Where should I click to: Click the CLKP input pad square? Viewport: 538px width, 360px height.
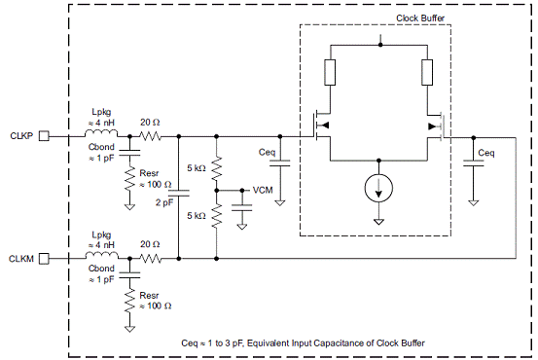pos(44,136)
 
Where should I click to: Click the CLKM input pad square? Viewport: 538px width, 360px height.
pos(44,259)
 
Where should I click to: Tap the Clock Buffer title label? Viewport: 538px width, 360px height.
pos(420,18)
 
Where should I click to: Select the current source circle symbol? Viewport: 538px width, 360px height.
pos(378,188)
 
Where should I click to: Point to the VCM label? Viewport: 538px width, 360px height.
pos(263,190)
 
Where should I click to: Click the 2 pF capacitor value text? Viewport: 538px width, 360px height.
pos(164,202)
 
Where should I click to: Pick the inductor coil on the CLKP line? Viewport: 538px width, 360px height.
pos(101,133)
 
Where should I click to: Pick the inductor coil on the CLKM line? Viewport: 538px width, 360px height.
pos(101,255)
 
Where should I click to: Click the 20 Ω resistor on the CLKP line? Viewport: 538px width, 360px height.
pos(150,136)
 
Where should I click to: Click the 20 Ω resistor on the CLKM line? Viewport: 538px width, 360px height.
pos(150,259)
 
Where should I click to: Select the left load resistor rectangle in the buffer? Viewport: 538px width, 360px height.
pos(330,72)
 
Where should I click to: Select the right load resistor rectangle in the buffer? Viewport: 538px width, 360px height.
pos(427,72)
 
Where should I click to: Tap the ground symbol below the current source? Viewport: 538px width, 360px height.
pos(378,222)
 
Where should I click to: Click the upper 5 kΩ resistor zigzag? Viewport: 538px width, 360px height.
pos(217,168)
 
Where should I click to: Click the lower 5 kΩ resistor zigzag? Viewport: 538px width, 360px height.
pos(217,216)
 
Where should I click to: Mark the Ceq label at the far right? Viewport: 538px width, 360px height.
pos(486,153)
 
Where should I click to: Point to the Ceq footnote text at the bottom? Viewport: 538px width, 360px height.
pos(303,342)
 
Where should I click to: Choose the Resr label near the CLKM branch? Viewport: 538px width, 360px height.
pos(149,295)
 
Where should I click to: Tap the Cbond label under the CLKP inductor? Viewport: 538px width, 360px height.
pos(101,147)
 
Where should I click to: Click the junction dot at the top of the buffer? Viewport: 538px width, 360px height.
pos(380,45)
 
